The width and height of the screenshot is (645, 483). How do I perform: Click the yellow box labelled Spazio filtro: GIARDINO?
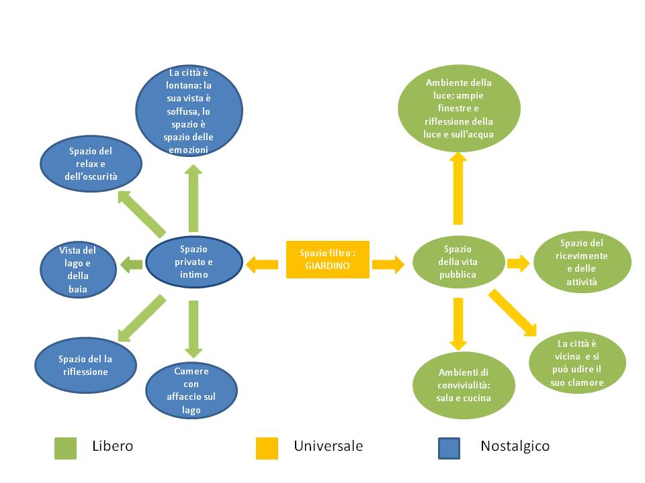point(328,260)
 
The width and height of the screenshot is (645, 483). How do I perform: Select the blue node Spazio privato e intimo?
point(193,262)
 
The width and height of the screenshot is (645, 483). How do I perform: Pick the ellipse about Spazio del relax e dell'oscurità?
point(91,164)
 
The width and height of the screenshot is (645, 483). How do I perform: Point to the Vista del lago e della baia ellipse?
point(77,270)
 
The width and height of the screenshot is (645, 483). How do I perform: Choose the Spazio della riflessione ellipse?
point(86,365)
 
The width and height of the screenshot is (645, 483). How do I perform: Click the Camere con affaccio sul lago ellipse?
point(191,390)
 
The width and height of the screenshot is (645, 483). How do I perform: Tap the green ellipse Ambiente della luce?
point(458,109)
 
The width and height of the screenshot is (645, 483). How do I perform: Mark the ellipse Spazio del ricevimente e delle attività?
point(582,263)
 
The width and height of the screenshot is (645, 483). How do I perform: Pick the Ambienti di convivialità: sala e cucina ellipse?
point(464,386)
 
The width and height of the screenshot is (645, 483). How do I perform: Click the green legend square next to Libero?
point(65,448)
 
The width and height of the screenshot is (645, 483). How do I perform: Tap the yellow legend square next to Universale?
point(267,448)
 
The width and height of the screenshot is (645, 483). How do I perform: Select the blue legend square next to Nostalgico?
point(449,448)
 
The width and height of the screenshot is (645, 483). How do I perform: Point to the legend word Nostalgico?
point(515,446)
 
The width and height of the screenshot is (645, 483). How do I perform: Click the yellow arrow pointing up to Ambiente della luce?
point(458,188)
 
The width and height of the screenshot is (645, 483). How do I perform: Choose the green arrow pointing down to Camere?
point(193,329)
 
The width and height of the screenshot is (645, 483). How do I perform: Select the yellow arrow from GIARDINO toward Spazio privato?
point(262,265)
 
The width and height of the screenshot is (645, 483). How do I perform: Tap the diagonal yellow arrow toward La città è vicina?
point(512,312)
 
